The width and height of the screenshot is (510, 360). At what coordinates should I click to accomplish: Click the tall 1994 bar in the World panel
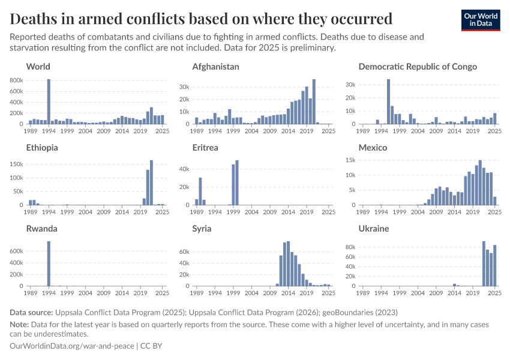click(49, 102)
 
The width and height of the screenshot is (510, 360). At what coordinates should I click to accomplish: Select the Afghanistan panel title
click(215, 67)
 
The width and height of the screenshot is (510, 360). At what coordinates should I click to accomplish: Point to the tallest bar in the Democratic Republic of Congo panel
click(388, 102)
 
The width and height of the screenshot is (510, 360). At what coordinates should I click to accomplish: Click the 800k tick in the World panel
click(17, 80)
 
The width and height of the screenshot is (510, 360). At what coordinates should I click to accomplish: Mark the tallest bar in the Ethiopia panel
click(151, 183)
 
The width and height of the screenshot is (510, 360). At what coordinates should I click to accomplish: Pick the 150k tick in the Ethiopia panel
click(17, 164)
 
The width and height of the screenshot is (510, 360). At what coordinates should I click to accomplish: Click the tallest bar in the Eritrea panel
click(237, 183)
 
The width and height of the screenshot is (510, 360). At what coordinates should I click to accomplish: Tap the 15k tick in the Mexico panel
click(350, 160)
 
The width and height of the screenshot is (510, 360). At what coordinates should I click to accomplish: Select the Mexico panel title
click(373, 148)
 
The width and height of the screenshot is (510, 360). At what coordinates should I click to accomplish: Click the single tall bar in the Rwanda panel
click(49, 264)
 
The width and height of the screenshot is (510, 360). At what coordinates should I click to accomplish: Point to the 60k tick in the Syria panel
click(184, 250)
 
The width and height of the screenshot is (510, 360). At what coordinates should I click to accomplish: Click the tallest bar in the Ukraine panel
click(484, 264)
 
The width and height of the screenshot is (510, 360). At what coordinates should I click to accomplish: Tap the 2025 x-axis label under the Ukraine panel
click(494, 293)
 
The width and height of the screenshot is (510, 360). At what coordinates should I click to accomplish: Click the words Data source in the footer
click(31, 313)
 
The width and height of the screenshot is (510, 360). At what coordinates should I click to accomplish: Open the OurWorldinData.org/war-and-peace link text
click(72, 346)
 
